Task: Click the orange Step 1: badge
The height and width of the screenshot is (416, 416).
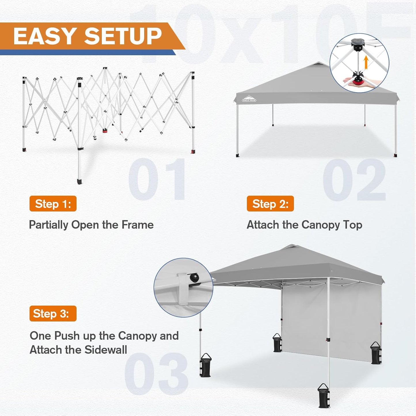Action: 53,204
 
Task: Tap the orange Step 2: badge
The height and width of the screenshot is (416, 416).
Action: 270,204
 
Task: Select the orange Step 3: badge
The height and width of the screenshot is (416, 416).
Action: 53,314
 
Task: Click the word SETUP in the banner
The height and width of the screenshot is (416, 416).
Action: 123,37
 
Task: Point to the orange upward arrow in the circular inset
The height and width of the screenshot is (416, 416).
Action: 366,62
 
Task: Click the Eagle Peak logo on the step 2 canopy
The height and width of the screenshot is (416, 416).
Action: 249,99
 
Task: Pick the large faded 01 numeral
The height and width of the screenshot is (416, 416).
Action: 157,179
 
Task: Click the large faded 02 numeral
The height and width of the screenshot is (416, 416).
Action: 354,180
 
